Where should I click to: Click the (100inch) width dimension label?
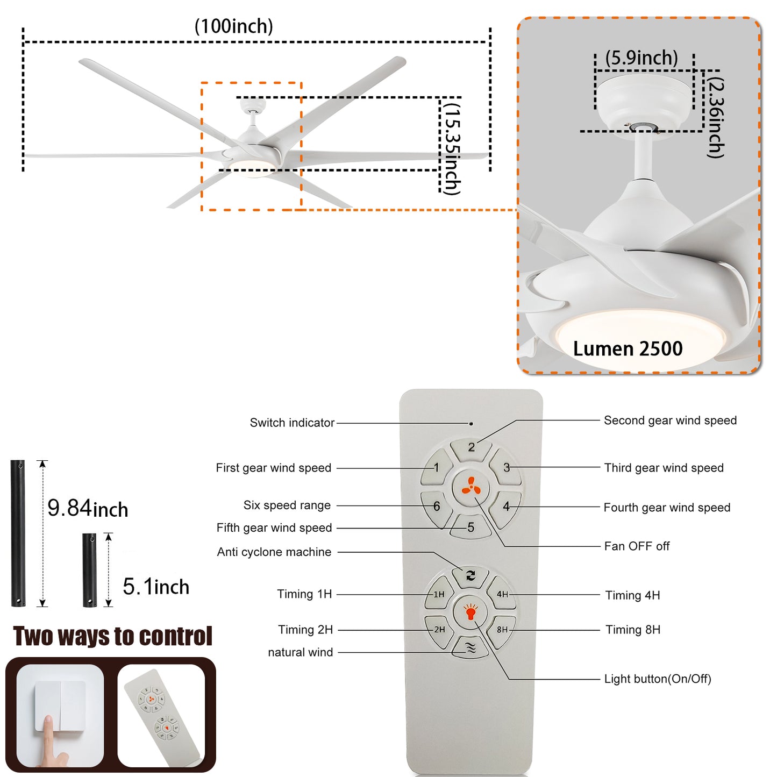click(x=233, y=26)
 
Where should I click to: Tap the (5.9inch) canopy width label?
click(x=641, y=58)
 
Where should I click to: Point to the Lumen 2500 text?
click(x=628, y=348)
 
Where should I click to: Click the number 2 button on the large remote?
click(x=472, y=447)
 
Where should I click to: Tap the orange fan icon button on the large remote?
click(x=471, y=487)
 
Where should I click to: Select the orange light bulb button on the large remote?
click(x=471, y=612)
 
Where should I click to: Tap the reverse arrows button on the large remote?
click(x=471, y=576)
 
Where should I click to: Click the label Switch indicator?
click(x=292, y=423)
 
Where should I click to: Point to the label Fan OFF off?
click(x=637, y=546)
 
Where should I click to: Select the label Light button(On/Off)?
click(x=657, y=679)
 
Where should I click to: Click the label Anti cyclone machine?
click(x=274, y=552)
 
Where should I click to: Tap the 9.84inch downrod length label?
click(x=88, y=508)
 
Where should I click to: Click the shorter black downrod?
click(x=89, y=570)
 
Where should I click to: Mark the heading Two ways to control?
click(x=113, y=636)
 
